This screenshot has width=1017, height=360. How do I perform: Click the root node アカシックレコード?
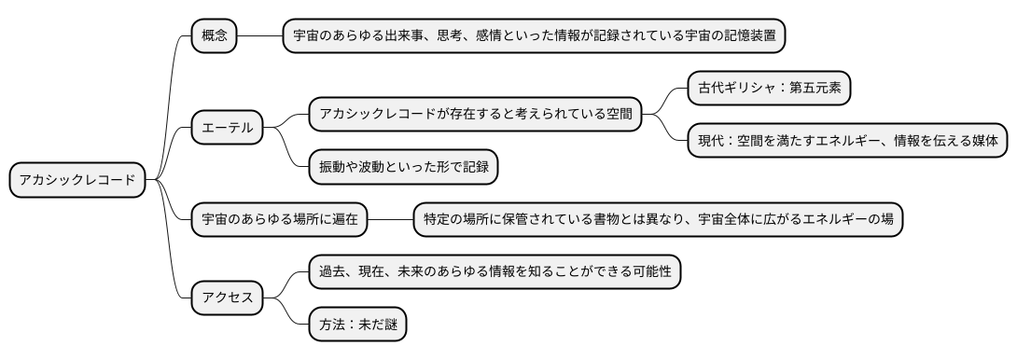click(77, 180)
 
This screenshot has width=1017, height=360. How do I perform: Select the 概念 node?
click(214, 36)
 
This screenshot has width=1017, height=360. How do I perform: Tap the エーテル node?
click(227, 127)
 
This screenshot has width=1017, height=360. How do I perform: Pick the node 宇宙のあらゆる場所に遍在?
click(279, 219)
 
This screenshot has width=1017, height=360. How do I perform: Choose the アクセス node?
click(227, 298)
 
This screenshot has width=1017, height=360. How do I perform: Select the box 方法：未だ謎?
click(359, 325)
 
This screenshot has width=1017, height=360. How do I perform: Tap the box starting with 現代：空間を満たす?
click(848, 141)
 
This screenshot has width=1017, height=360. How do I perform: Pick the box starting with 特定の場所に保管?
click(658, 219)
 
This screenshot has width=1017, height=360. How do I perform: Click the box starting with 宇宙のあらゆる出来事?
click(534, 36)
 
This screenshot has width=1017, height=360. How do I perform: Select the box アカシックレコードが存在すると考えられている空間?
click(475, 115)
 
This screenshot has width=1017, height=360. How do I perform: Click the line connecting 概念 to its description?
click(260, 36)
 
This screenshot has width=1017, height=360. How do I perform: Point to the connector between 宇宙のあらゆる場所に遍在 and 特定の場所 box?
click(390, 219)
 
